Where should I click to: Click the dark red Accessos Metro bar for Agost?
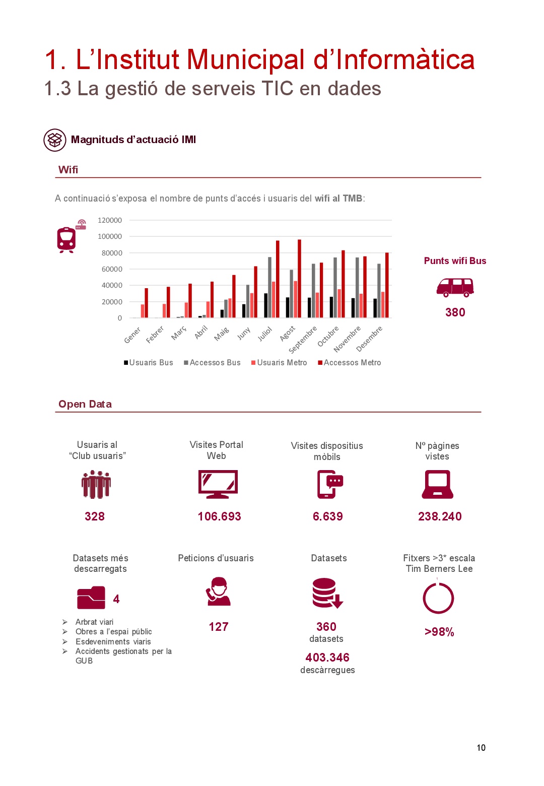coord(299,279)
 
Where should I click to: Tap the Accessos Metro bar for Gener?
coord(147,303)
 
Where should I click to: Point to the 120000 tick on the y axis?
coord(110,220)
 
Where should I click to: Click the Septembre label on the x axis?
coord(303,340)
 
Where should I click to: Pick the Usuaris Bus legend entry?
coord(149,363)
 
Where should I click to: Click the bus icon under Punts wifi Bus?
coord(455,287)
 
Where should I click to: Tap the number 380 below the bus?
coord(455,312)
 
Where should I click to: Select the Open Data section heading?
coord(85,404)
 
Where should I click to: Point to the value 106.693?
coord(219,516)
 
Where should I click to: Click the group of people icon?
coord(96,484)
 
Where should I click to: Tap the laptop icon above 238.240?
coord(438,484)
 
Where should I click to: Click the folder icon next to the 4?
coord(91,598)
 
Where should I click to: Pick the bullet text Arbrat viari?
coord(94,622)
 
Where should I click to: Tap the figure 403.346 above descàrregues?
coord(327,658)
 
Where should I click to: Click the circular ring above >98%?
coord(438,598)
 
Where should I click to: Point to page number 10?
coord(481,748)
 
